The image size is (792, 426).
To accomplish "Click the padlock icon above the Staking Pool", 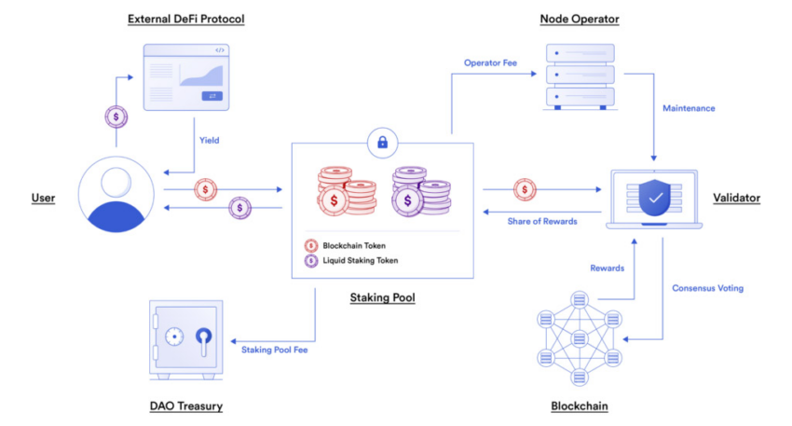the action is click(382, 143).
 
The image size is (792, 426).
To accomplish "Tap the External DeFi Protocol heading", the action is click(185, 20).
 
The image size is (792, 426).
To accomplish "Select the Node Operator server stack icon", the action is click(580, 76).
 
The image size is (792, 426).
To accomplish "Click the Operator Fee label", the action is click(490, 62).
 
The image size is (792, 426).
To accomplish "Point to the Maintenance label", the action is click(689, 108).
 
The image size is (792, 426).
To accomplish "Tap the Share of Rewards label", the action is click(542, 221).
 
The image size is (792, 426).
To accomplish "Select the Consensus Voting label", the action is click(707, 288).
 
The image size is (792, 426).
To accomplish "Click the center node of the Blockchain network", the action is click(580, 338).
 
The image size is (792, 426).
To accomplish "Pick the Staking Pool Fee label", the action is click(274, 350).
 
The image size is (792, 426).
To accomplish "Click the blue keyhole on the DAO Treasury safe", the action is click(203, 340).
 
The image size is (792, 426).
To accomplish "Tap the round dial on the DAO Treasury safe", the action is click(174, 337).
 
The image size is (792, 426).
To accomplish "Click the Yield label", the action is click(209, 141).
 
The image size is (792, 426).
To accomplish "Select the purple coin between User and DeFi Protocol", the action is click(116, 117).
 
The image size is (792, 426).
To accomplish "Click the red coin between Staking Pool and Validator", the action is click(525, 189).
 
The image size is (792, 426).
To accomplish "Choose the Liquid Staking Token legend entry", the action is click(351, 260).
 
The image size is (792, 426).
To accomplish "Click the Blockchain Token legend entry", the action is click(346, 245).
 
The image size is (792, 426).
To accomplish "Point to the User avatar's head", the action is click(116, 182).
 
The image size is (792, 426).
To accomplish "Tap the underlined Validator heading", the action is click(736, 199).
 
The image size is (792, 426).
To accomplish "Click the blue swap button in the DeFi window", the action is click(212, 95).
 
